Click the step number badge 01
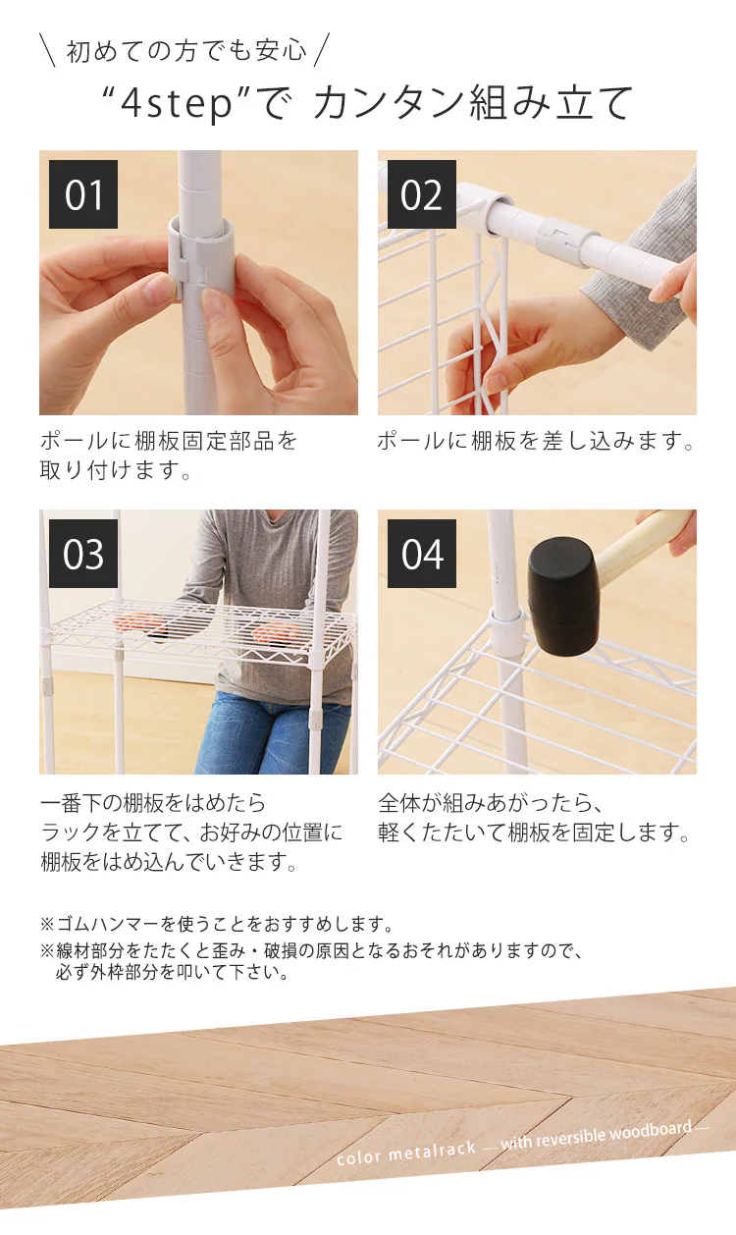[83, 194]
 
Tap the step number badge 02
[422, 194]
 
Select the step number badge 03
[83, 554]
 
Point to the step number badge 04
[422, 554]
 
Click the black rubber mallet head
[562, 595]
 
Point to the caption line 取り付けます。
[115, 471]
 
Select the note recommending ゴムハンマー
[217, 924]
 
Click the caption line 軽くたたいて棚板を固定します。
[535, 833]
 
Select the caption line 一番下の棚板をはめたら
[152, 804]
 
